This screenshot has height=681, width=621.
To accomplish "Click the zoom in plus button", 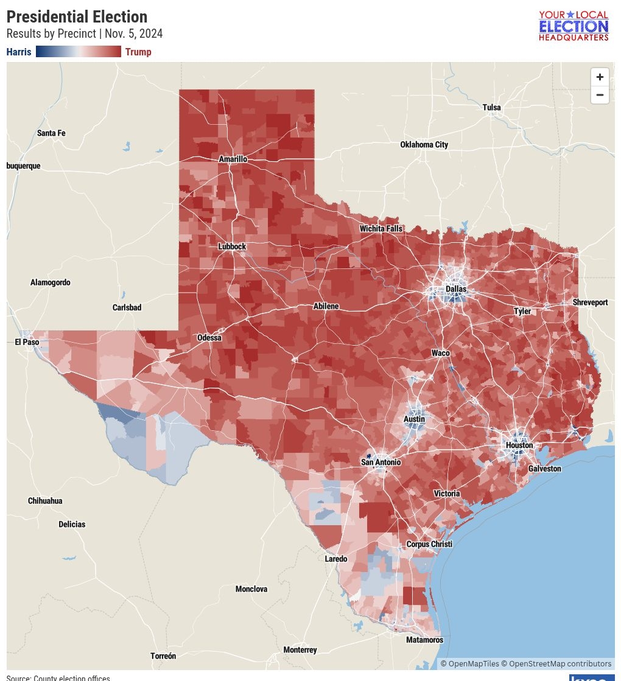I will (600, 77).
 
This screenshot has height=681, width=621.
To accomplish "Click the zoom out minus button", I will (600, 95).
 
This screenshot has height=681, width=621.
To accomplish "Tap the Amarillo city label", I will (233, 159).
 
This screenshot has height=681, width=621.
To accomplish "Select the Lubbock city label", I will (232, 246).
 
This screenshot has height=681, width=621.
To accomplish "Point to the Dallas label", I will (455, 289).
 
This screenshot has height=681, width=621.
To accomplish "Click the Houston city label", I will (519, 445).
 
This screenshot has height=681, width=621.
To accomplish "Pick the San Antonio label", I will (381, 463).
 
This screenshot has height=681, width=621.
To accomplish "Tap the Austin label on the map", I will (415, 419).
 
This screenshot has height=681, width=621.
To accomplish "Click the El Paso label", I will (27, 342).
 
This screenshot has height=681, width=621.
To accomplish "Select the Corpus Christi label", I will (429, 544).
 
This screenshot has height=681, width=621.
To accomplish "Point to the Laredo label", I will (336, 559).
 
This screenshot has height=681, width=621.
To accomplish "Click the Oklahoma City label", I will (424, 145).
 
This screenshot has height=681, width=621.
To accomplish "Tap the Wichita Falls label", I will (381, 229).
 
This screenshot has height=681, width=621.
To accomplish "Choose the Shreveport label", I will (590, 302).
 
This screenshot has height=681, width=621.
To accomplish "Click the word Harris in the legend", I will (19, 52).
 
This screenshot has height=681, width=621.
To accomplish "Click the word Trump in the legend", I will (138, 52).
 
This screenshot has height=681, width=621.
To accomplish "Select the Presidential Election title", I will (77, 17).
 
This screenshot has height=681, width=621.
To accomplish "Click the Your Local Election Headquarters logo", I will (574, 26).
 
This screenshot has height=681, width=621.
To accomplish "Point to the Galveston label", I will (544, 469).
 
